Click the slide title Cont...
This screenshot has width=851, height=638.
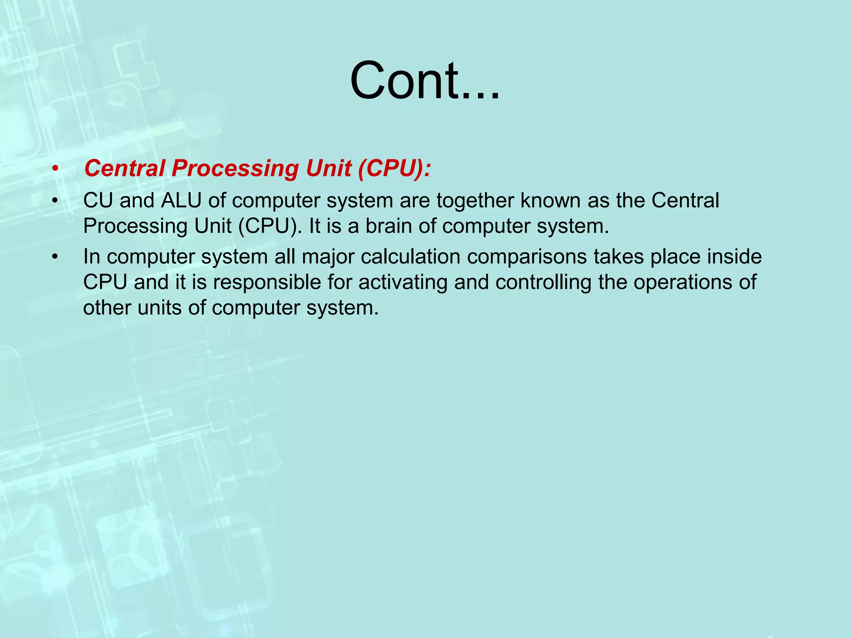pyautogui.click(x=425, y=81)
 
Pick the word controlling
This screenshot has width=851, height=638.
pyautogui.click(x=543, y=282)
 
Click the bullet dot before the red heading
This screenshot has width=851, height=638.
pyautogui.click(x=55, y=169)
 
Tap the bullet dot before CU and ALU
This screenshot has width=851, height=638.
pyautogui.click(x=55, y=201)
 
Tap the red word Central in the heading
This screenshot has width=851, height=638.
pyautogui.click(x=124, y=169)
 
